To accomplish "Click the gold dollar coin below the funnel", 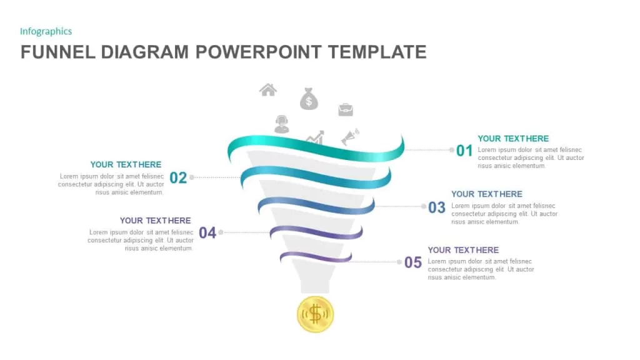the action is click(x=315, y=314).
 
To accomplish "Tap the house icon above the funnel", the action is click(x=268, y=90).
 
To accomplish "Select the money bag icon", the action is click(x=309, y=99).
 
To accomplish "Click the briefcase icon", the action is click(x=346, y=109).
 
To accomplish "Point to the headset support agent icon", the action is click(x=282, y=124).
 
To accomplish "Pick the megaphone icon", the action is click(x=350, y=137).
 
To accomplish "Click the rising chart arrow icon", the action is click(x=316, y=137).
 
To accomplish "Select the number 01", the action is click(x=464, y=151).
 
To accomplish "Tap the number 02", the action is click(x=178, y=177).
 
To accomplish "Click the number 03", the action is click(x=437, y=207).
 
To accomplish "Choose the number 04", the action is click(x=207, y=232).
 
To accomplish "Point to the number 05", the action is click(x=413, y=262).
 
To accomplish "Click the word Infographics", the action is click(x=46, y=31).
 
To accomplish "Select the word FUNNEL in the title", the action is click(x=58, y=52).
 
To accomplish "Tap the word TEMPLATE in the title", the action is click(x=377, y=52).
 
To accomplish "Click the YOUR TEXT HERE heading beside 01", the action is click(x=513, y=138).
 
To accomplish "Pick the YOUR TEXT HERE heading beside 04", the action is click(x=155, y=221).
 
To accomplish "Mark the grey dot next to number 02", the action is click(x=191, y=177).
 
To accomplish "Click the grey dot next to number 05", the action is click(x=399, y=262).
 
